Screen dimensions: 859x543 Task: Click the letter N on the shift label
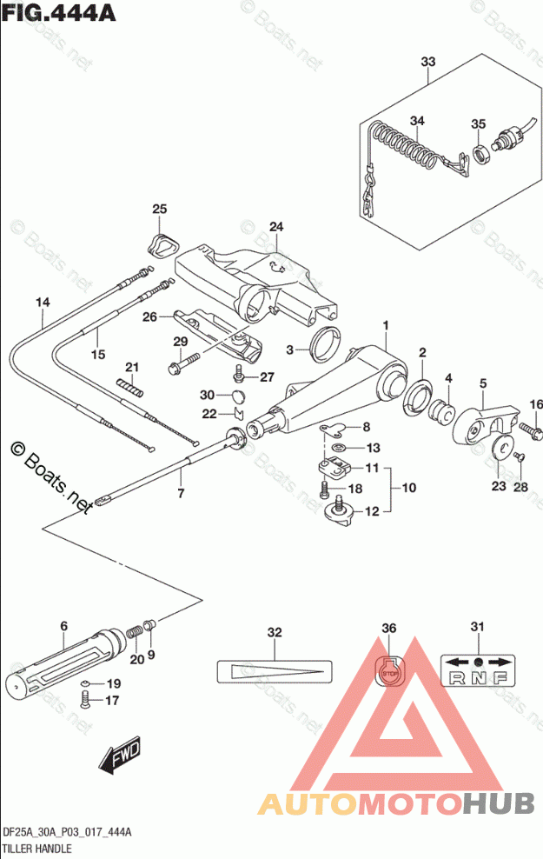(x=477, y=679)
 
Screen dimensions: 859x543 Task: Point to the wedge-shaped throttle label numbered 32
(x=275, y=670)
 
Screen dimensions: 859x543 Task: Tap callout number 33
(x=427, y=62)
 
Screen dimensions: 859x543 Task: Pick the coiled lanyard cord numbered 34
(x=407, y=148)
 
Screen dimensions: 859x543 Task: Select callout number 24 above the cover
(x=276, y=228)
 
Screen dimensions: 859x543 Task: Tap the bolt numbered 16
(x=530, y=429)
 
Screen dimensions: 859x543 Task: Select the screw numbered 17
(x=85, y=698)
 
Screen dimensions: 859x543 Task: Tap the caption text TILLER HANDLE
(x=38, y=847)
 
